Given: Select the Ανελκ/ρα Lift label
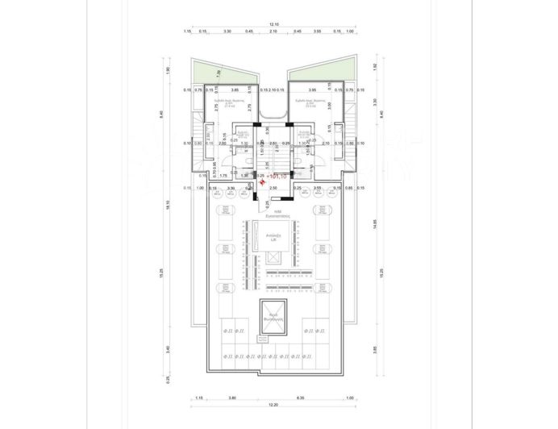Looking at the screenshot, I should [x=273, y=236].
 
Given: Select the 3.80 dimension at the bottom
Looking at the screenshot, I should [x=231, y=398].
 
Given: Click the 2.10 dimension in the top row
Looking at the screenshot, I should [x=274, y=32].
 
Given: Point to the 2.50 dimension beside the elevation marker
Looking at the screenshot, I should [x=273, y=188].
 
